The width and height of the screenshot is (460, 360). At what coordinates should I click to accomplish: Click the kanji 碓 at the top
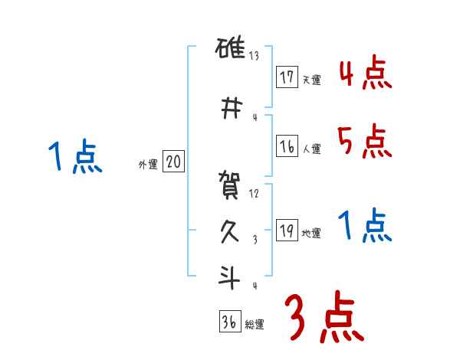point(230,52)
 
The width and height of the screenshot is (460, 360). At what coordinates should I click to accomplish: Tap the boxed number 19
point(287,231)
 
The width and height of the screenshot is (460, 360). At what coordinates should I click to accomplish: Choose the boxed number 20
point(173,162)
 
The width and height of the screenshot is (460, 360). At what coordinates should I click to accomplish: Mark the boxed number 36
point(229,322)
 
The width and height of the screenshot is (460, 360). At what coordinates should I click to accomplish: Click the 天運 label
point(311,80)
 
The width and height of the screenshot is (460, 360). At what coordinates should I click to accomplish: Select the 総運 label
point(254,325)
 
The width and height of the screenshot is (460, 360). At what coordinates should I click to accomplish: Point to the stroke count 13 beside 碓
point(255,56)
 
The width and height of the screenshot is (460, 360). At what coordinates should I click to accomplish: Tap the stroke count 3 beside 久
point(254,240)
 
